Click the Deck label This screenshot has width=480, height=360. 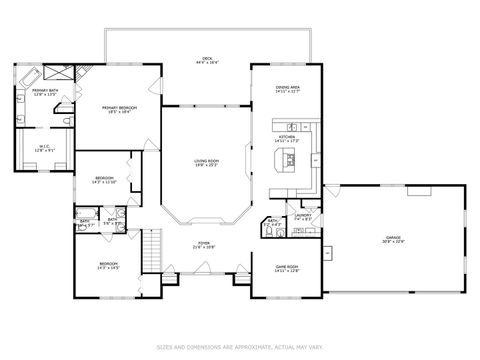pyautogui.click(x=207, y=62)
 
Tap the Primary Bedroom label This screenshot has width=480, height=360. pyautogui.click(x=119, y=109)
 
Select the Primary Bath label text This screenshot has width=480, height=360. pyautogui.click(x=44, y=93)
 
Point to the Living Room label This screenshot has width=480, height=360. pyautogui.click(x=207, y=163)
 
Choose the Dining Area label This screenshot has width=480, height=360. pyautogui.click(x=288, y=90)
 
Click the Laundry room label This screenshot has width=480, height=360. pyautogui.click(x=303, y=216)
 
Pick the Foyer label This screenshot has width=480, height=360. pyautogui.click(x=203, y=244)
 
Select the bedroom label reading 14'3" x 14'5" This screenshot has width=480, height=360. pyautogui.click(x=108, y=266)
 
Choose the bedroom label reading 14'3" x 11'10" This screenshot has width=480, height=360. pyautogui.click(x=104, y=181)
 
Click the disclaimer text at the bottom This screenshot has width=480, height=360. pyautogui.click(x=240, y=347)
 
